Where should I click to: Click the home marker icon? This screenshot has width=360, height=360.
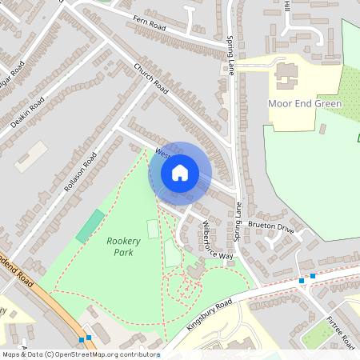(180, 172)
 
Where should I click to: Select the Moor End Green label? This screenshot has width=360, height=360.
(305, 104)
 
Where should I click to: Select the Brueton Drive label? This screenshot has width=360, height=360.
(270, 227)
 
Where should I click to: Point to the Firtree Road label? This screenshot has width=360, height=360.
(340, 330)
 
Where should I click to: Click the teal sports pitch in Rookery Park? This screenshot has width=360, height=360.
(90, 226)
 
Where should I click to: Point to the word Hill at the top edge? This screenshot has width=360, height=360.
(288, 6)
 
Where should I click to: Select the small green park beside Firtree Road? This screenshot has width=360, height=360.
(316, 334)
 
